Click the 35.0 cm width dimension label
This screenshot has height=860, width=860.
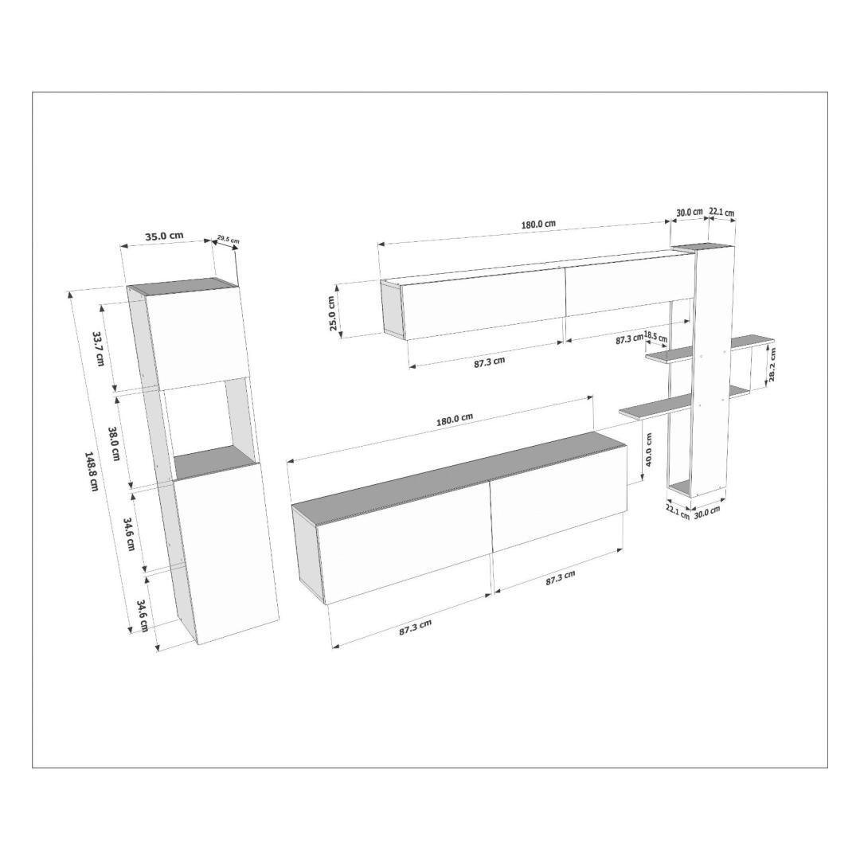(165, 236)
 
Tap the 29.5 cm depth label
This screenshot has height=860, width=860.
(229, 239)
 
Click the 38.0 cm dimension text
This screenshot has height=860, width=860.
(114, 444)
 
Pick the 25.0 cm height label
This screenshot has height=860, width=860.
(332, 313)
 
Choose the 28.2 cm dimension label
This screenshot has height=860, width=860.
(772, 365)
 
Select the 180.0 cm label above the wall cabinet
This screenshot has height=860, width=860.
(538, 224)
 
